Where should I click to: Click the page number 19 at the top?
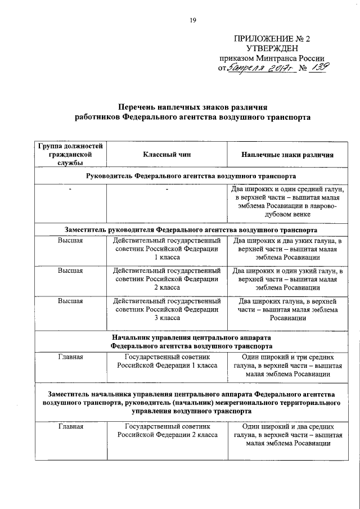192,21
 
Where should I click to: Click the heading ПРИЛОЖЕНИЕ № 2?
272,39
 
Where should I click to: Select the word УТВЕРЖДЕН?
272,49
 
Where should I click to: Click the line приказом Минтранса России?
272,58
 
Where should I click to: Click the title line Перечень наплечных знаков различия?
192,107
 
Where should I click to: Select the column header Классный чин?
167,155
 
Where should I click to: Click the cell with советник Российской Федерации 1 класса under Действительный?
167,249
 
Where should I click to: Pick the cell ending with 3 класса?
167,309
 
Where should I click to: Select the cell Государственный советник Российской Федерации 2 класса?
167,431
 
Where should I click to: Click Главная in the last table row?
70,427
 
